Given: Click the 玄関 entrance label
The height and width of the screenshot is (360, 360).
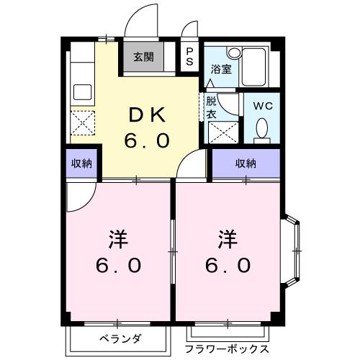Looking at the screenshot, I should pos(142,58).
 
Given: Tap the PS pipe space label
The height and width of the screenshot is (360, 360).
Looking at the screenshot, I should pos(190,57).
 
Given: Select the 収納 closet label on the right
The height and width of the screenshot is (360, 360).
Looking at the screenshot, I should pos(245,163).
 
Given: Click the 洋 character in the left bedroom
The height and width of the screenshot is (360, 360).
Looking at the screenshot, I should pos(119,237).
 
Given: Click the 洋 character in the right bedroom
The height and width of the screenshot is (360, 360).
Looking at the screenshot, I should pos(228,237).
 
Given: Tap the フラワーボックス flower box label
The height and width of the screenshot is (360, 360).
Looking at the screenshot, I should pos(228,348).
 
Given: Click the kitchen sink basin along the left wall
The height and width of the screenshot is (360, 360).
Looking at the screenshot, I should pos(82,92).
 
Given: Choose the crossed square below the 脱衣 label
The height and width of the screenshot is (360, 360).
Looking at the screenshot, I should pos(220,131).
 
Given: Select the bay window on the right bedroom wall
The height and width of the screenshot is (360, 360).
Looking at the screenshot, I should pos(294,250).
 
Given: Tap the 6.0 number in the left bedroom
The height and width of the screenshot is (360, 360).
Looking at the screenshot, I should pos(119,265).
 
